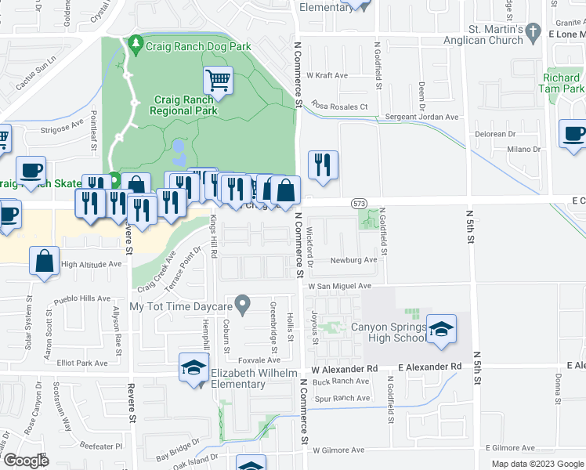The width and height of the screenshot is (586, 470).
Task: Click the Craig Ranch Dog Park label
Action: tap(198, 46)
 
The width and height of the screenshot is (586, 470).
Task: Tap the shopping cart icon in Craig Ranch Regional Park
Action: tap(219, 80)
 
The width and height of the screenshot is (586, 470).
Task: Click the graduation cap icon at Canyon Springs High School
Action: tap(441, 331)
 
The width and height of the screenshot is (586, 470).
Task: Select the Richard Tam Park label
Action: tap(562, 83)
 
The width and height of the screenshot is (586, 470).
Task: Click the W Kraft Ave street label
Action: tap(327, 75)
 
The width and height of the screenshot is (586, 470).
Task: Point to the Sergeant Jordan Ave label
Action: tap(421, 117)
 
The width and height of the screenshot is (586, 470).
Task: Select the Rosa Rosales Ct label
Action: tap(339, 106)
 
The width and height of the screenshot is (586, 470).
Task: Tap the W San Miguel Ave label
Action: tap(338, 287)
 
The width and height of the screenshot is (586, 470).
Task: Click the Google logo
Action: tap(27, 461)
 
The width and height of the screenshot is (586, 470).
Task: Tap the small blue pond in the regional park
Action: tap(179, 149)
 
